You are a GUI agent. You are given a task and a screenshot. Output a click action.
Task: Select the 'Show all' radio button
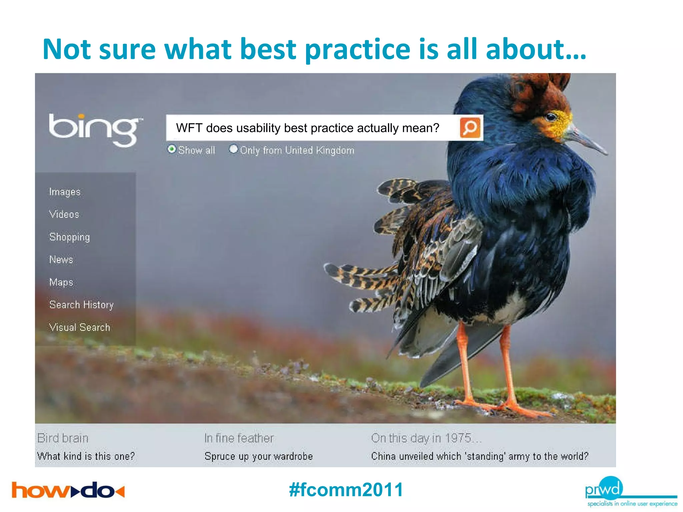point(172,149)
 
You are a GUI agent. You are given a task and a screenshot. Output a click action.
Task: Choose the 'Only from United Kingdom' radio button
point(233,149)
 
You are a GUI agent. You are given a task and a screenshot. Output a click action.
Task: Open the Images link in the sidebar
point(65,192)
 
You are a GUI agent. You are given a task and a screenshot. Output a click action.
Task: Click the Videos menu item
point(64,214)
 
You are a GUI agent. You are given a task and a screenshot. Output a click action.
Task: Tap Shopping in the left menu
point(69,237)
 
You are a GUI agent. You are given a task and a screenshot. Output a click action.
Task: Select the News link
point(61,260)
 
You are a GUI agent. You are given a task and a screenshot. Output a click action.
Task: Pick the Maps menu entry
point(61,282)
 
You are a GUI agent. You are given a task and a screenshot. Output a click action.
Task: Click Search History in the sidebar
point(81,305)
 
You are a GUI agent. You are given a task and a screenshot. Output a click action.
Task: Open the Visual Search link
point(79,327)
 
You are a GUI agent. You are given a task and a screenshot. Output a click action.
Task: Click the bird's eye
point(551,117)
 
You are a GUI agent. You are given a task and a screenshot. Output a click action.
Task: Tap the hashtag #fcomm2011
point(346,490)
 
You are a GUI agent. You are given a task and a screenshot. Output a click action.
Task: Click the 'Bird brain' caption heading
point(63,438)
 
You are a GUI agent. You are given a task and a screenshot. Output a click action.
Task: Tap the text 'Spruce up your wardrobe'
point(258,456)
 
